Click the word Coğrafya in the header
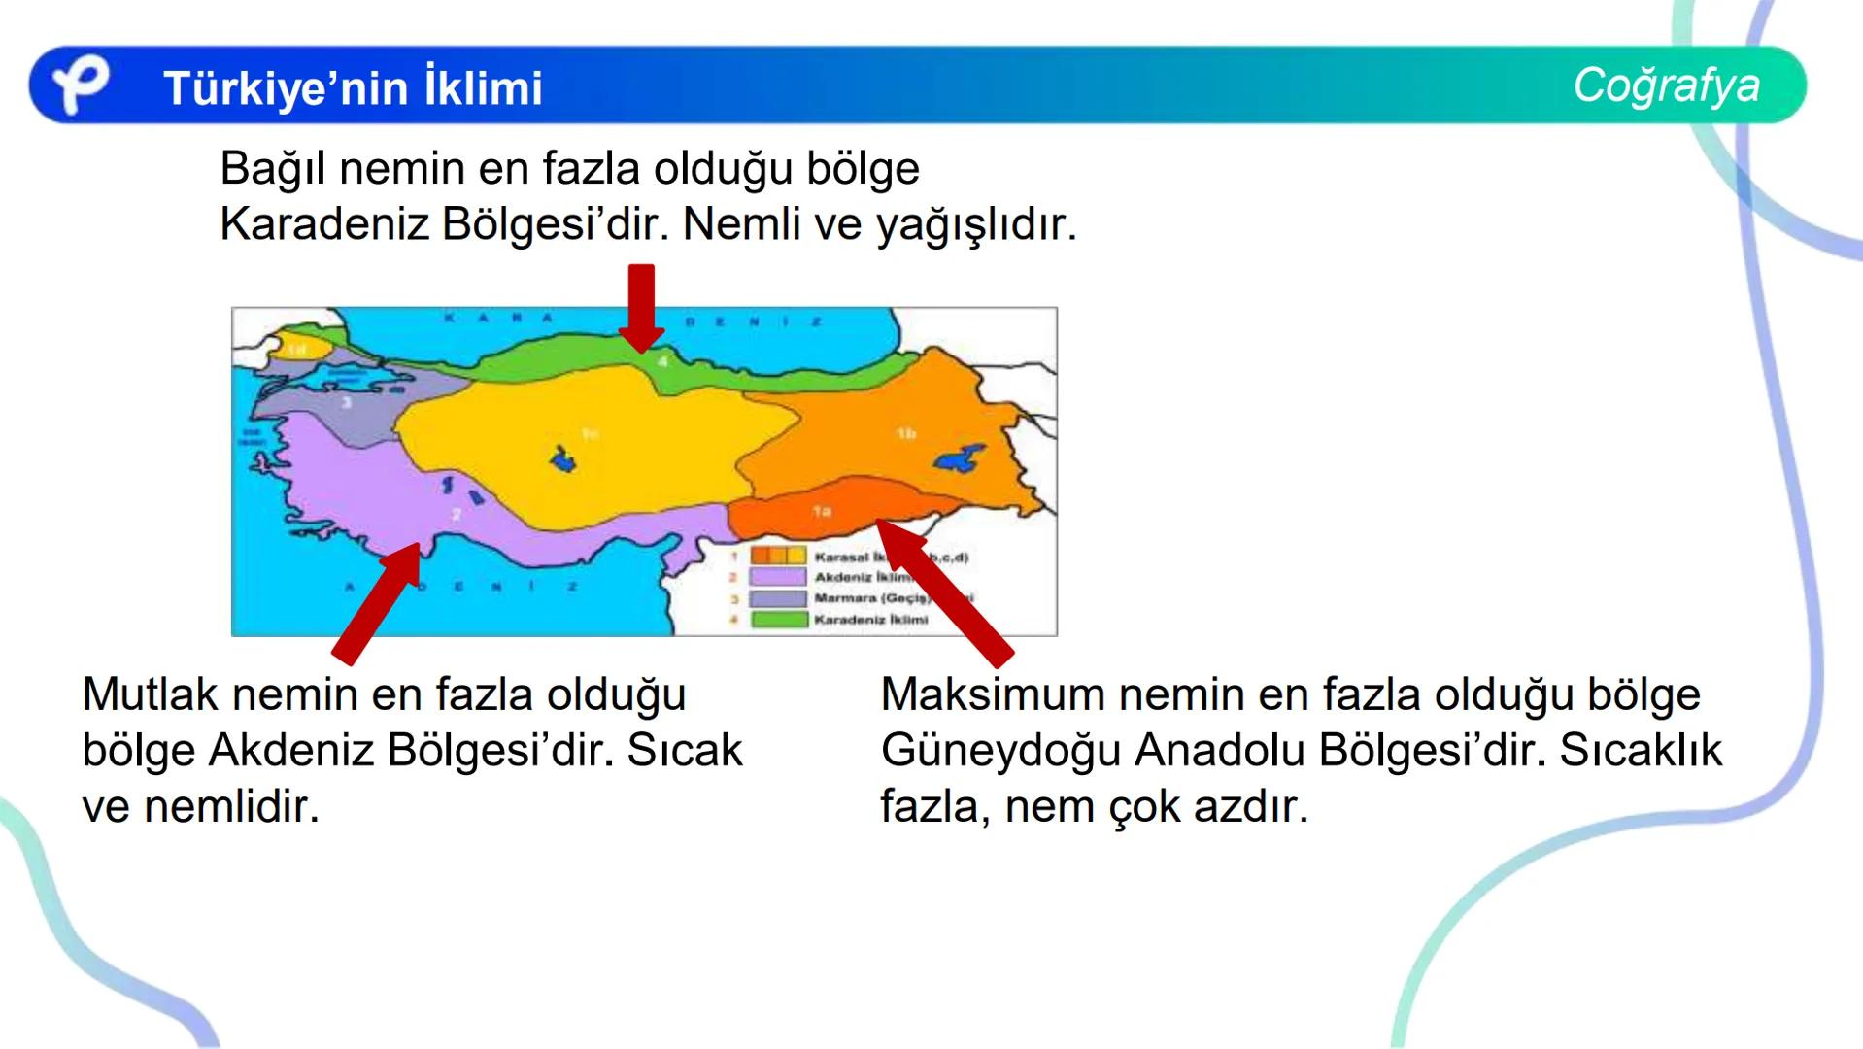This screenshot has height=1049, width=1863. pyautogui.click(x=1666, y=85)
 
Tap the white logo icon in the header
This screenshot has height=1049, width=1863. pyautogui.click(x=80, y=85)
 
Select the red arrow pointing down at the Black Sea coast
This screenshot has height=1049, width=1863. pyautogui.click(x=641, y=308)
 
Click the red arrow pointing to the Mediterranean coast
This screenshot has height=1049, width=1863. pyautogui.click(x=379, y=602)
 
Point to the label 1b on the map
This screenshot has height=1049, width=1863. pyautogui.click(x=906, y=433)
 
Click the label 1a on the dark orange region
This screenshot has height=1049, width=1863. pyautogui.click(x=822, y=510)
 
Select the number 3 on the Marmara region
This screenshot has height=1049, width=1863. pyautogui.click(x=346, y=401)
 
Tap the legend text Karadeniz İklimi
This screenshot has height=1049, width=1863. pyautogui.click(x=871, y=620)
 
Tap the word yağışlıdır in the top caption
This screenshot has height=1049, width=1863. pyautogui.click(x=976, y=225)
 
